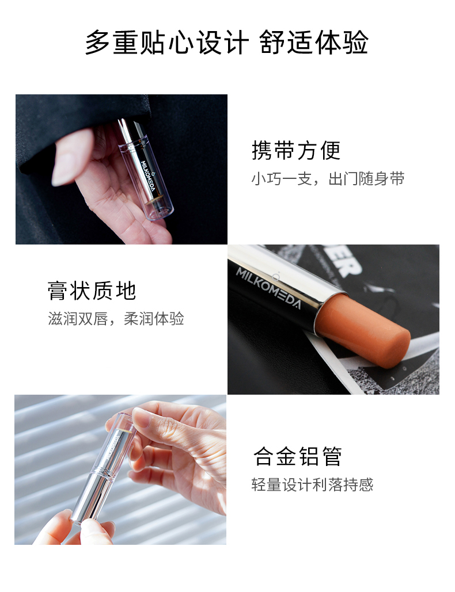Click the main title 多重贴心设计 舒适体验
[227, 42]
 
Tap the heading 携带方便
[296, 150]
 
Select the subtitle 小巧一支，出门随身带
[328, 178]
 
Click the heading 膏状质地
[92, 291]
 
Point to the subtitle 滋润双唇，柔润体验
[116, 319]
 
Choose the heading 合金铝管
[298, 456]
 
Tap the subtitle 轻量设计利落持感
[312, 484]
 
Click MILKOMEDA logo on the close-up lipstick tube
[269, 288]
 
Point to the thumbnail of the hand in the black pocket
[122, 169]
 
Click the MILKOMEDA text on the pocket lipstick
[148, 175]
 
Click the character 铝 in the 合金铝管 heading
[309, 456]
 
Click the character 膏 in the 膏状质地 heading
[58, 291]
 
